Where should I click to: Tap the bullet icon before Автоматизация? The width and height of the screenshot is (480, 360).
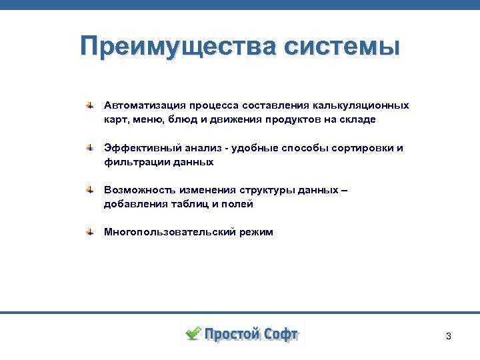[89, 105]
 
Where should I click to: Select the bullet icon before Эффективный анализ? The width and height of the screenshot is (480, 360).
[89, 148]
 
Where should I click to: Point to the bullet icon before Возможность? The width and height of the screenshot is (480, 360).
[89, 191]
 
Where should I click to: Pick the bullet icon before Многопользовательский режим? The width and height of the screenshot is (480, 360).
[89, 233]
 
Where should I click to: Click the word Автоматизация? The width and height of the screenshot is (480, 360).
[143, 105]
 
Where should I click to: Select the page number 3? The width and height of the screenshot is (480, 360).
[449, 336]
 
